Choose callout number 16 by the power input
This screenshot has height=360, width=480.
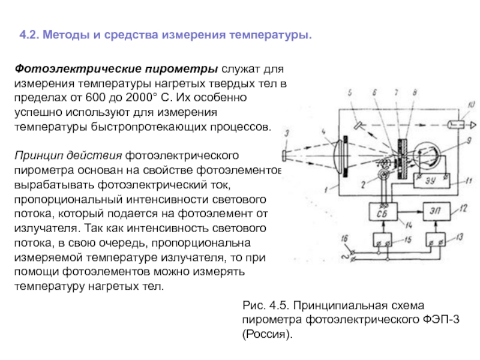343,239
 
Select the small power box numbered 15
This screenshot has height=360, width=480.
381,241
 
